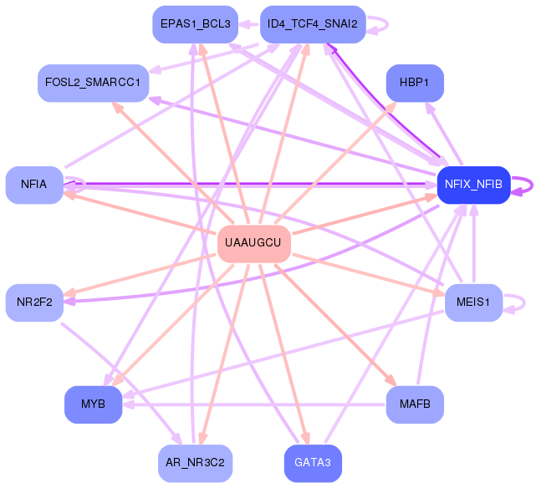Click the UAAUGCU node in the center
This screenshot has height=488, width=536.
[254, 244]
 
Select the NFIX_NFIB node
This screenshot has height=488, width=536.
[474, 186]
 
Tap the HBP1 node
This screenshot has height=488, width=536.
[415, 83]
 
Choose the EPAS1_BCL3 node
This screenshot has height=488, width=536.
[195, 24]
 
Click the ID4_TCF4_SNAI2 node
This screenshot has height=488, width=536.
[313, 24]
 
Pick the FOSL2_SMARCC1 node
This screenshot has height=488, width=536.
[94, 83]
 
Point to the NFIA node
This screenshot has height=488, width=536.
[34, 186]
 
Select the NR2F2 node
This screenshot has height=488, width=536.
[34, 302]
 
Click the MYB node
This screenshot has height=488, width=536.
[94, 404]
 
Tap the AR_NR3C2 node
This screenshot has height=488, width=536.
[195, 464]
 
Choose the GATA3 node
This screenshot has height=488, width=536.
[313, 464]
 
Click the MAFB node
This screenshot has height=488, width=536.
[415, 404]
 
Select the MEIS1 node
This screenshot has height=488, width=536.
[474, 302]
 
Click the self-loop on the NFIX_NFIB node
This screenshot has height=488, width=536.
[532, 186]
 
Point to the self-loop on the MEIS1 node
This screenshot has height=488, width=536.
[524, 302]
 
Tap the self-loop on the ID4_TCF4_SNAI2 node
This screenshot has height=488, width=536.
[387, 24]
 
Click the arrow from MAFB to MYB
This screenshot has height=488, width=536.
[254, 404]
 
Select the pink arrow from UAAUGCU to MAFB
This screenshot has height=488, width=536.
[335, 325]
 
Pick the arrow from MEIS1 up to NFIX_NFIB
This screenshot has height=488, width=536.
[474, 244]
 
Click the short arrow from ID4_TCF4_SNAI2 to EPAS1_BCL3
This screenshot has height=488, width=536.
[249, 24]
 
